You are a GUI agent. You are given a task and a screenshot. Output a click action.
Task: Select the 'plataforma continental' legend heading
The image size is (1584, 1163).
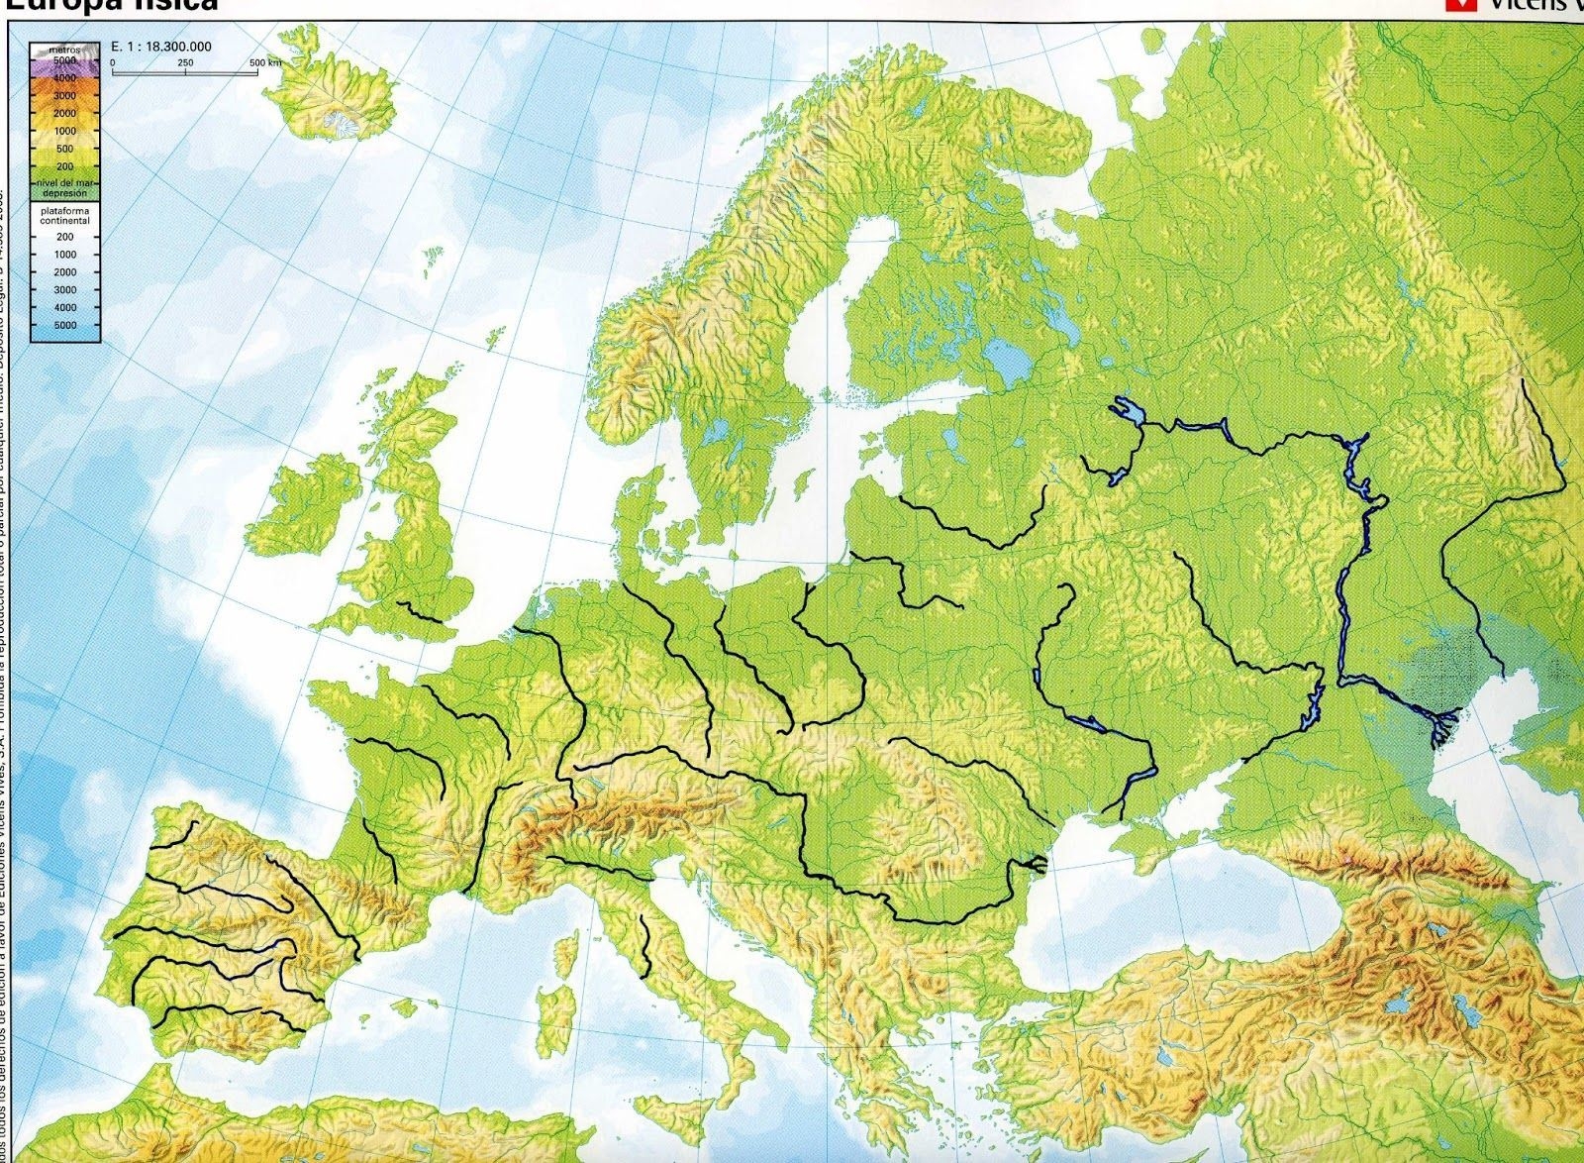coord(65,216)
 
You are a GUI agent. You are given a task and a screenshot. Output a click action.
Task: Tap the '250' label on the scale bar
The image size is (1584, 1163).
coord(185,62)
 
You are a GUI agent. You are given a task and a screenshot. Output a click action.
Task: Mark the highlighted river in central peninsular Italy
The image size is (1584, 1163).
coord(646,941)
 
